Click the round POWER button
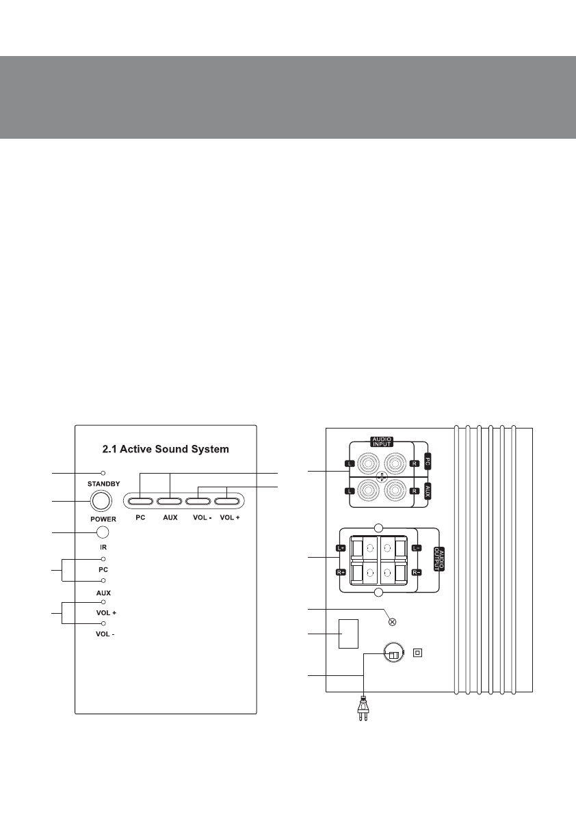[101, 501]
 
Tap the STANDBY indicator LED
[103, 474]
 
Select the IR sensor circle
[103, 532]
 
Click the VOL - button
[198, 502]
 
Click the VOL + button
[227, 502]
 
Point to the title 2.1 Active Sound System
[166, 449]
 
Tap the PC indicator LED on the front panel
[103, 559]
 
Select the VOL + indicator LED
[103, 602]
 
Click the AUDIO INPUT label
[382, 442]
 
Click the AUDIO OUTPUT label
[439, 558]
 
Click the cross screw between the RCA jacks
[382, 476]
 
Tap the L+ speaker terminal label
[341, 548]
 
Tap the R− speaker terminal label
[417, 573]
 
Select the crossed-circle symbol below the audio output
[393, 621]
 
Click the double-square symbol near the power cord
[417, 653]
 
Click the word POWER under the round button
[103, 519]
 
